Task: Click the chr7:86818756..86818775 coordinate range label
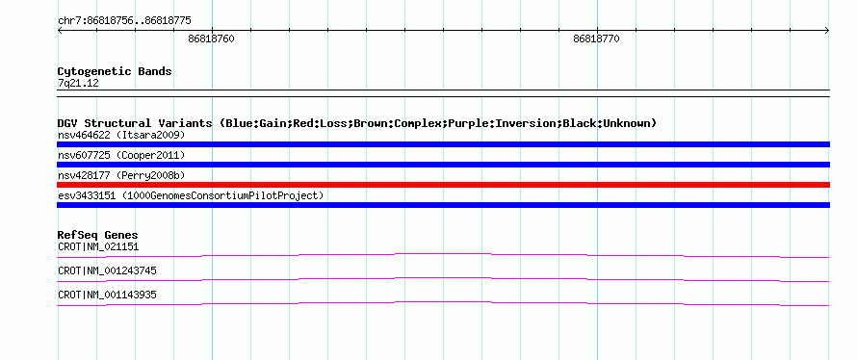124,21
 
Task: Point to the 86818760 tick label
212,39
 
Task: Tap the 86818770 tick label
596,39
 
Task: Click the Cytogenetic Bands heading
115,71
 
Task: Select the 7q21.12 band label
78,83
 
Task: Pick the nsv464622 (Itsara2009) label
121,135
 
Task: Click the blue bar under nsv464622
443,144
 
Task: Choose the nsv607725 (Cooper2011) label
121,155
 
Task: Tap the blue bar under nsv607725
443,165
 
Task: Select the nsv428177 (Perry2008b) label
121,175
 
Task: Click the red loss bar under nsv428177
443,185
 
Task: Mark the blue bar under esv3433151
443,205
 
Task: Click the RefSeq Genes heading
98,236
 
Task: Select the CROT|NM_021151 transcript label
98,247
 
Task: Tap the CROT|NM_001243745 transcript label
107,270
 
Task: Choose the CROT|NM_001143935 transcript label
107,295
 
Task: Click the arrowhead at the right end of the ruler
827,31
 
